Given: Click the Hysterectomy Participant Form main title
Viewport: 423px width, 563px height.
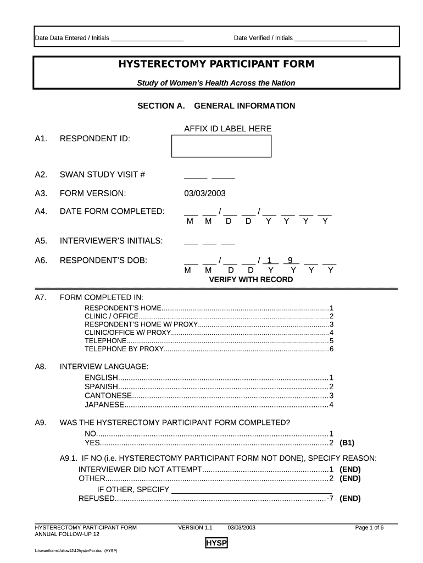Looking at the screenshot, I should click(x=216, y=64).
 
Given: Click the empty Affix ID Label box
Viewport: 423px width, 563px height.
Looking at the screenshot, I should click(x=221, y=146).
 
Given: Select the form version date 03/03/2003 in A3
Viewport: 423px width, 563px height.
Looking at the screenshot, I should click(x=204, y=194).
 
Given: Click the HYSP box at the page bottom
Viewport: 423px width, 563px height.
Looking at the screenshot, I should click(x=216, y=544).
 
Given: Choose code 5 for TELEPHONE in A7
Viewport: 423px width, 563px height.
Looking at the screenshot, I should click(x=331, y=341).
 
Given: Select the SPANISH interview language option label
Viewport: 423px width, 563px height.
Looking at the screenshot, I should click(x=101, y=387).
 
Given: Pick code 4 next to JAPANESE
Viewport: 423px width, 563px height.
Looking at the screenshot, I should click(x=331, y=405).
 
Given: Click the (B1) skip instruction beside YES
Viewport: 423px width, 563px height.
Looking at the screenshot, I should click(x=347, y=443).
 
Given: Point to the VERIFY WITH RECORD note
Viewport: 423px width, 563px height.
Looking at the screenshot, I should click(x=251, y=279).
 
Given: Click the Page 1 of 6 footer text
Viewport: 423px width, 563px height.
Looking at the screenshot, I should click(x=369, y=528).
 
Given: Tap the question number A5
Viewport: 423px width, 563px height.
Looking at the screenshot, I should click(x=41, y=241).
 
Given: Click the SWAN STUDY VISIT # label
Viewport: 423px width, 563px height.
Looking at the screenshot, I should click(x=102, y=175).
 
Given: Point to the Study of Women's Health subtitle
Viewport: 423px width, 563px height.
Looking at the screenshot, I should click(x=216, y=83).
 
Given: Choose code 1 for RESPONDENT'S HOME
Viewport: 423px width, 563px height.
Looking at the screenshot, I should click(x=331, y=308).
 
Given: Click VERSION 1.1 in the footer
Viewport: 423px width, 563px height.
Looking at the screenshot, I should click(x=195, y=528).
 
